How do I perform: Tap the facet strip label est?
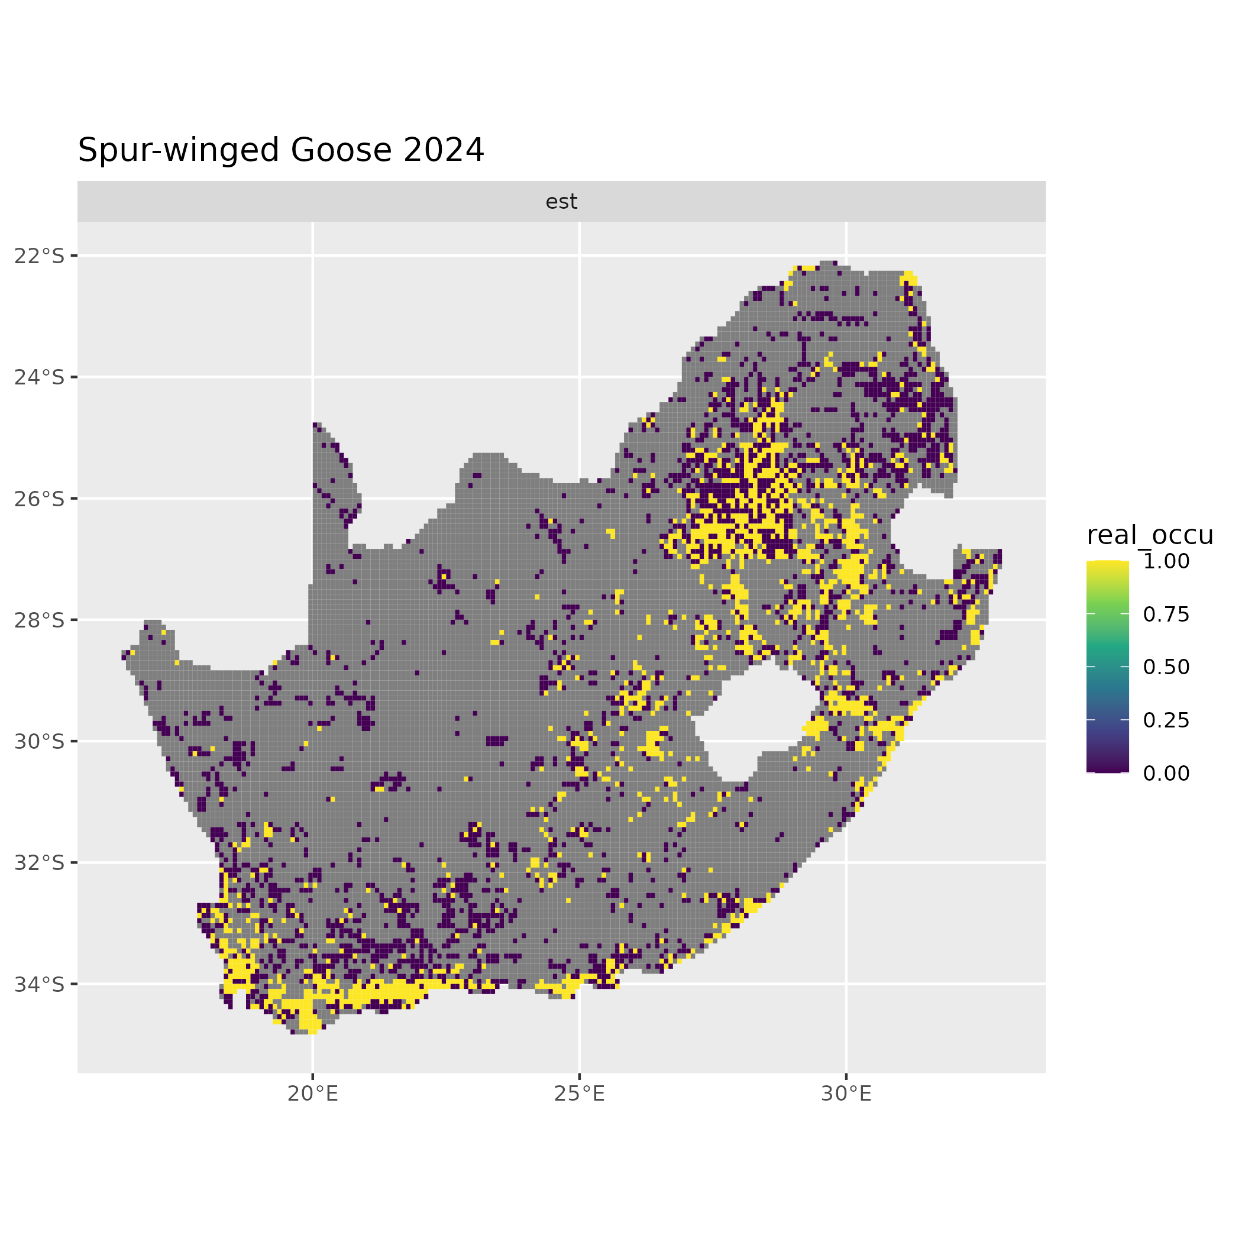pos(561,202)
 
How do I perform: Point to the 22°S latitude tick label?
pos(40,256)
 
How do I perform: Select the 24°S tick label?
pos(40,377)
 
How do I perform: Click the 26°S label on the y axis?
pos(40,499)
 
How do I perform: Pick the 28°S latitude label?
pos(40,620)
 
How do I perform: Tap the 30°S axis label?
pos(40,742)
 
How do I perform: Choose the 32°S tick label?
pos(40,863)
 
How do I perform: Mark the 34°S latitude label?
pos(40,984)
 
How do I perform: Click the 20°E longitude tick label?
pos(312,1094)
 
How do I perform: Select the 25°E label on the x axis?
pos(579,1094)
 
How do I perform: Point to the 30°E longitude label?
pos(846,1094)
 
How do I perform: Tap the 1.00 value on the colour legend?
pos(1166,561)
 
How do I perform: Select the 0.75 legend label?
pos(1166,614)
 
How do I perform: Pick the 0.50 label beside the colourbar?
pos(1166,667)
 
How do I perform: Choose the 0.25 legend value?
pos(1166,720)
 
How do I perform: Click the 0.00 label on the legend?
pos(1166,774)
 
